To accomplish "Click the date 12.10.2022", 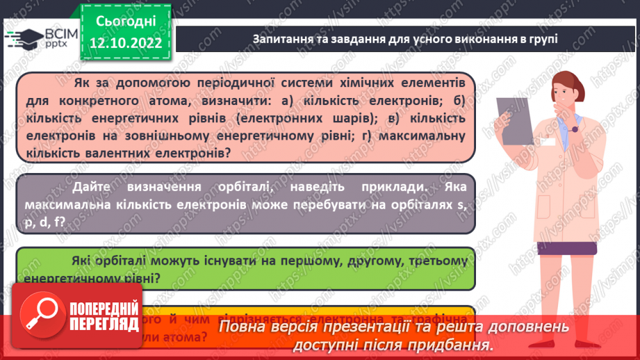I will (x=125, y=42).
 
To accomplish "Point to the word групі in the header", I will (x=542, y=39).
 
